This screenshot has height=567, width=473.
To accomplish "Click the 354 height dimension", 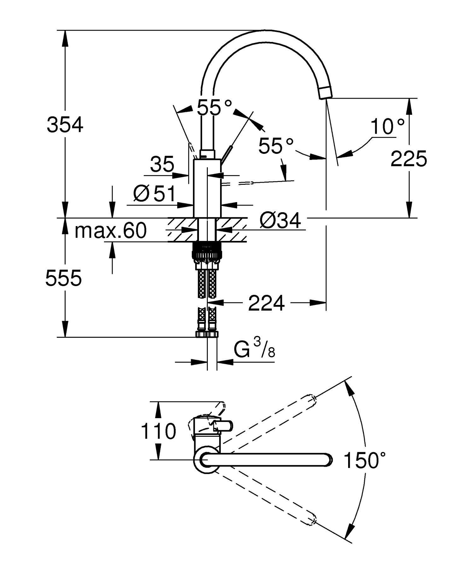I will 65,125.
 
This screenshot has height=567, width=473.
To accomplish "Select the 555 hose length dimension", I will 64,278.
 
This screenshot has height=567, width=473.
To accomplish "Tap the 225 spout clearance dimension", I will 409,158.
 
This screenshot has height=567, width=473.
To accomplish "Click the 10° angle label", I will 387,127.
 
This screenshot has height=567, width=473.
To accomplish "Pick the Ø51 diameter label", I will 154,193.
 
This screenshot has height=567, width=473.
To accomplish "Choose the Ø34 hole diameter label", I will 280,220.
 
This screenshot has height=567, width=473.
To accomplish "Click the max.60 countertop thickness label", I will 110,231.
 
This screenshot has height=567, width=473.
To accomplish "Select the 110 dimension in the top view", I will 158,431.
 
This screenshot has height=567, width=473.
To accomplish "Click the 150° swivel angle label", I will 365,460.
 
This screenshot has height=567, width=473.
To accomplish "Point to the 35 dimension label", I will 162,164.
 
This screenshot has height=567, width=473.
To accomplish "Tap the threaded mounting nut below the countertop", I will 207,251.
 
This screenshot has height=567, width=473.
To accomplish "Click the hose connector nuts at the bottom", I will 207,334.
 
